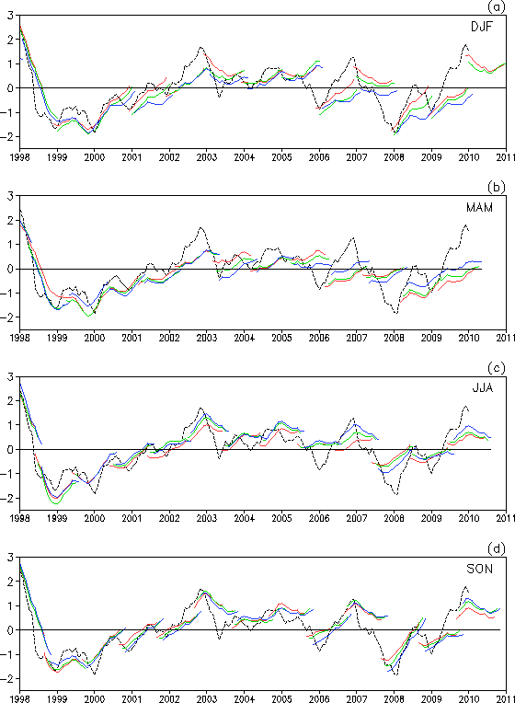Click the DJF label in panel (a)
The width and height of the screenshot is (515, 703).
point(481,27)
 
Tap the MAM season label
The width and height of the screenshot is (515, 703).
point(479,208)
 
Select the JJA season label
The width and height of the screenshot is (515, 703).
point(483,387)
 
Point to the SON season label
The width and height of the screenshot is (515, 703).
point(479,569)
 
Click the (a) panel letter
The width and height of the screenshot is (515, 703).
point(497,6)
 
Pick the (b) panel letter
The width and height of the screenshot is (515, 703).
point(497,187)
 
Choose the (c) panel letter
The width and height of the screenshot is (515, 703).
point(497,368)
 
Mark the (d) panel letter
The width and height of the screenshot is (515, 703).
point(497,548)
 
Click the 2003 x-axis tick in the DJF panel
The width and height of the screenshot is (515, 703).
point(207,157)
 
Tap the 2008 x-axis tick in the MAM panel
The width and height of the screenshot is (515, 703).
point(394,338)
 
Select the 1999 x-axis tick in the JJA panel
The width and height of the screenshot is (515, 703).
point(57,518)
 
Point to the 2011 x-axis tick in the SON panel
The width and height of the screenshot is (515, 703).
point(506,699)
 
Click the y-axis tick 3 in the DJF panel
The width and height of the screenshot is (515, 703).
point(10,16)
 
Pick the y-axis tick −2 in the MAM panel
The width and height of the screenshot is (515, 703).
point(8,317)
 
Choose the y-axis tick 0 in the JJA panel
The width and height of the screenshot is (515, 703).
point(10,450)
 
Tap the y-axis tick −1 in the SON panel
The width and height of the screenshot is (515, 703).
point(8,654)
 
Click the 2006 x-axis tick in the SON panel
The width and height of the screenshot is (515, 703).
point(319,699)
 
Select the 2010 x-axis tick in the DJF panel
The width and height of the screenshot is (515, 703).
point(469,157)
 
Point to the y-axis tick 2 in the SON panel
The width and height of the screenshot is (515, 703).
point(10,582)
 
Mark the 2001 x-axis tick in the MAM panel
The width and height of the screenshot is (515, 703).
point(132,338)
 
